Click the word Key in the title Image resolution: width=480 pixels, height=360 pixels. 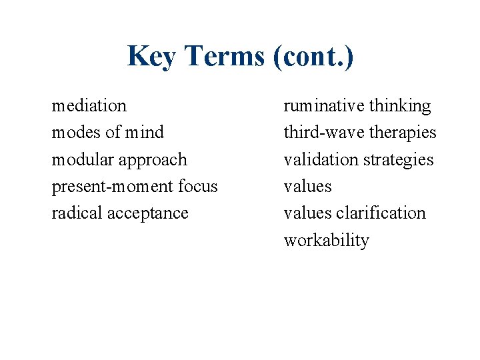click(x=151, y=57)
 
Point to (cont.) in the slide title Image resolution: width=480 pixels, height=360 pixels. click(x=313, y=57)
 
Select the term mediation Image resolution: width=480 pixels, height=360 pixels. click(x=89, y=106)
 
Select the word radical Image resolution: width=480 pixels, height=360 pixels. click(x=75, y=213)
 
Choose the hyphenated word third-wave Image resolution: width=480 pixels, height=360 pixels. click(x=318, y=133)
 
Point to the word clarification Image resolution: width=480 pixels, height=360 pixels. click(x=381, y=213)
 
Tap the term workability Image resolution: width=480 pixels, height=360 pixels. click(x=326, y=241)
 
